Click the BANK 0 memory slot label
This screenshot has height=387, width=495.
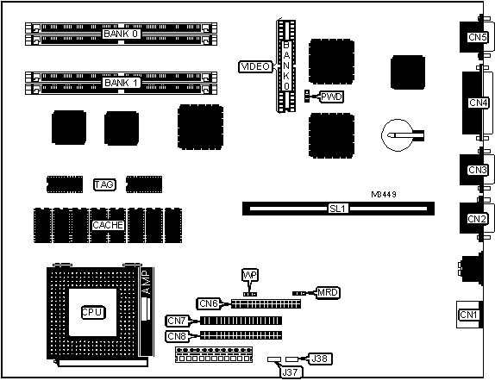coord(121,34)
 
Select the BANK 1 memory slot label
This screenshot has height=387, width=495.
coord(121,83)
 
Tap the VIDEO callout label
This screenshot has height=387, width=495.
coord(255,66)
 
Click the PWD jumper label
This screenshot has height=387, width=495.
coord(331,97)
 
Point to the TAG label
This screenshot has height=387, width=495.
coord(104,184)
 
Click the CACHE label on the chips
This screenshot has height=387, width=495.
coord(108,225)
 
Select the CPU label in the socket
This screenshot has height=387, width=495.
coord(92,312)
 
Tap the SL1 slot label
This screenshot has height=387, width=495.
coord(338,209)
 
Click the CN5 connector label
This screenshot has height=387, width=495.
coord(477,37)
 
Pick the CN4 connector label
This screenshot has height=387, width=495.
coord(478,103)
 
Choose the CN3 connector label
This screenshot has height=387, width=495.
coord(477,170)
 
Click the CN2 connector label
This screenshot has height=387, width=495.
coord(477,219)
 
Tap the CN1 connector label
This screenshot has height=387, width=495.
coord(468,315)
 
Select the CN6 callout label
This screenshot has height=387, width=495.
coord(209,303)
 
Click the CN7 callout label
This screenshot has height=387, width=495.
coord(177,321)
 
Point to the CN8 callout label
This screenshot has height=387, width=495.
coord(177,336)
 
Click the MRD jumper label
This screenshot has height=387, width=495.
coord(328,293)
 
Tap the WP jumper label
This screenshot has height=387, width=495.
coord(250,275)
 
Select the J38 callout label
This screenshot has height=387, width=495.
coord(320,359)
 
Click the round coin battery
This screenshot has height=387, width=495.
coord(398,135)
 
